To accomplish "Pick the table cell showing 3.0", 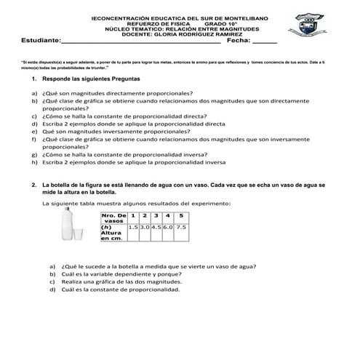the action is click(x=145, y=228).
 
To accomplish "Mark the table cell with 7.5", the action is click(x=181, y=228).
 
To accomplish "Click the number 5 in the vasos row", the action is click(x=181, y=216).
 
